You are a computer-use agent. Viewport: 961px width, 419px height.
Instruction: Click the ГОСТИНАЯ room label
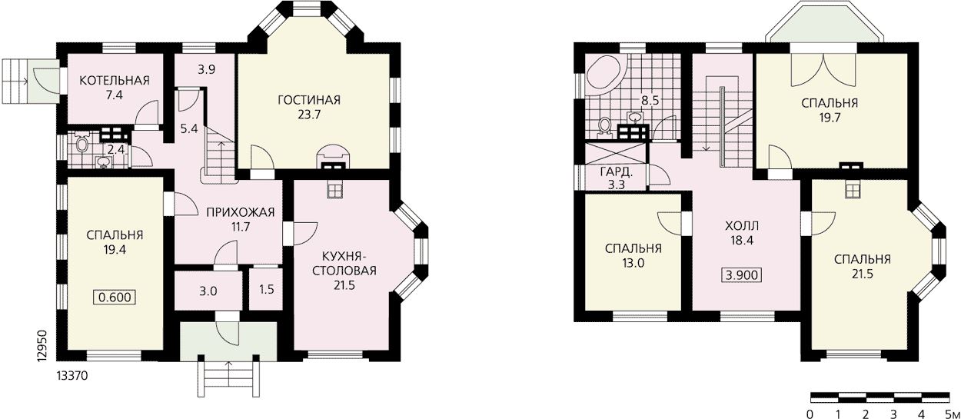[x=309, y=100]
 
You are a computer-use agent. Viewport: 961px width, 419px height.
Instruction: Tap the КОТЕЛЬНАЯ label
[x=115, y=80]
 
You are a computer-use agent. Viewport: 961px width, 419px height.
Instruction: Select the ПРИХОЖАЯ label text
[x=240, y=213]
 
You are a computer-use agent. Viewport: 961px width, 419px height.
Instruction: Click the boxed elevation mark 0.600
[x=115, y=298]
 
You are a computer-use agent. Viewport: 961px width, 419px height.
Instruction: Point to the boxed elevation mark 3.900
[x=742, y=274]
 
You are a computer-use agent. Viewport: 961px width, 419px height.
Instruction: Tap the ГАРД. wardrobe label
[x=616, y=172]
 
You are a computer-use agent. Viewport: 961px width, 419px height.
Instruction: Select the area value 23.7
[x=309, y=115]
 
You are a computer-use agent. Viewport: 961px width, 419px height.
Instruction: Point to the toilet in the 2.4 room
[x=81, y=142]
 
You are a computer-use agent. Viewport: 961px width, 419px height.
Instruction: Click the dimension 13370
[x=72, y=376]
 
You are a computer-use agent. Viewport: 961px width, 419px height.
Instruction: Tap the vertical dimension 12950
[x=42, y=346]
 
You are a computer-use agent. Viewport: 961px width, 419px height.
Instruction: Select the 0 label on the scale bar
[x=810, y=414]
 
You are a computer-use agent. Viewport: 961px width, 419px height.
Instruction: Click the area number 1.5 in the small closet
[x=267, y=289]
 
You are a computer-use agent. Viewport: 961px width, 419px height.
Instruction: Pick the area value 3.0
[x=208, y=291]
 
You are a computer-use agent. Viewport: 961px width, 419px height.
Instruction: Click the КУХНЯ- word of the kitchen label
[x=344, y=257]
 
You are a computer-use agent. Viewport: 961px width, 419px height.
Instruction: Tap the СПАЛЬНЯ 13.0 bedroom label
[x=633, y=255]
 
